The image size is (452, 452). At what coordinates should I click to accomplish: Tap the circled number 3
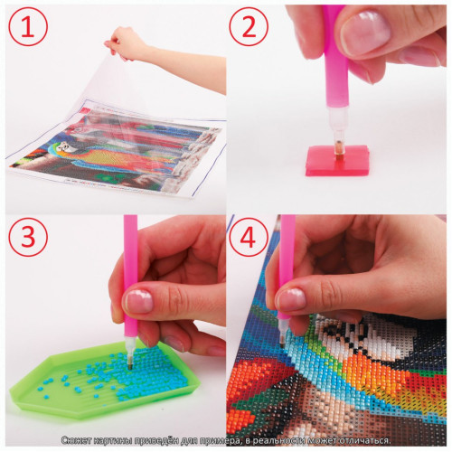(x=28, y=237)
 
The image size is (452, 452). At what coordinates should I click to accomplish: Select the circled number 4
(x=249, y=237)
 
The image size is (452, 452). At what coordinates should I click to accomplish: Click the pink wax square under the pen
(x=337, y=160)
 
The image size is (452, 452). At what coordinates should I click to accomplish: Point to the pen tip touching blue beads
(x=131, y=366)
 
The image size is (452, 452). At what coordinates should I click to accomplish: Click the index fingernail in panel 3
(x=139, y=301)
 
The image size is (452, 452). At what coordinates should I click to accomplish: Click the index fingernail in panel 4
(x=291, y=299)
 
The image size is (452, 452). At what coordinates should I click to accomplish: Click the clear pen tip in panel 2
(x=338, y=129)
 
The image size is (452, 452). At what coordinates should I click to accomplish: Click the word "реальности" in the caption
(x=278, y=440)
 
